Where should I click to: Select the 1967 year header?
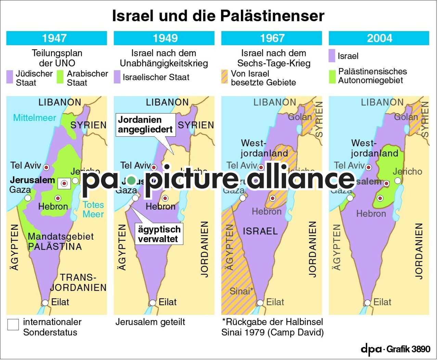point(272,38)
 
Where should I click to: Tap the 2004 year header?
point(379,38)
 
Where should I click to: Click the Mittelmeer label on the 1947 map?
point(35,118)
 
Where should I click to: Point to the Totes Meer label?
point(93,210)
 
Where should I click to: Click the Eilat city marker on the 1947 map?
point(45,303)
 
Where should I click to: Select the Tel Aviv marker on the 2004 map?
point(369,168)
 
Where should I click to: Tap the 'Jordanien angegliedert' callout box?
point(145,125)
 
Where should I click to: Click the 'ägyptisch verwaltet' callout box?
point(159,234)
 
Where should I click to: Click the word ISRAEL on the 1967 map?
point(260,231)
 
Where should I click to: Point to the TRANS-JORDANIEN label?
point(78,282)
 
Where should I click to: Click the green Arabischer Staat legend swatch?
point(61,77)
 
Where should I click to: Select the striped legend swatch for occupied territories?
point(224,77)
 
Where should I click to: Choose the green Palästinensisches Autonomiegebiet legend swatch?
point(332,77)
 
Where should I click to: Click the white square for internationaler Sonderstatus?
point(13,324)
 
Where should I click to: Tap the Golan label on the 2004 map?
point(406,117)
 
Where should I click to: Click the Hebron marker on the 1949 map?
point(165,198)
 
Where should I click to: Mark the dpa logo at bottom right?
point(371,349)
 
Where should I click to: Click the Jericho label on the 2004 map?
point(407,172)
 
